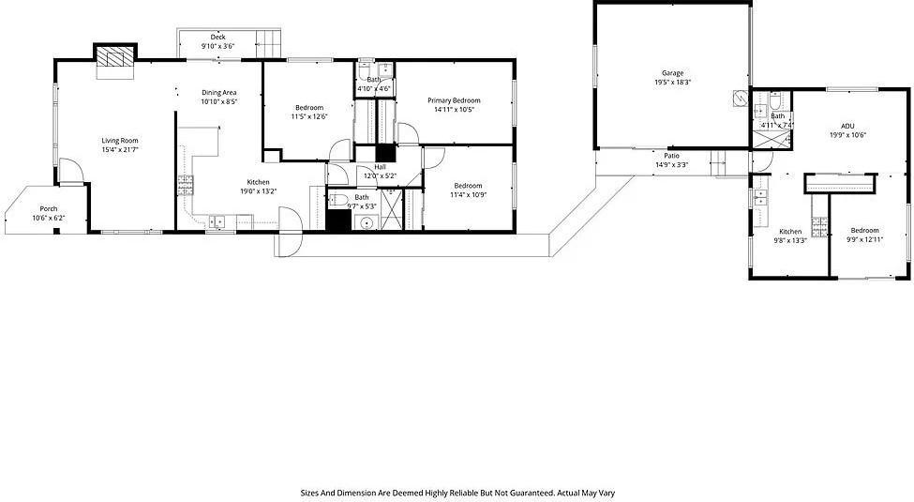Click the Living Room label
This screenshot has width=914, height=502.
tap(120, 141)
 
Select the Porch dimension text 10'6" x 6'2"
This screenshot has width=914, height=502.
tap(48, 218)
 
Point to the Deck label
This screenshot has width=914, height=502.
tap(217, 37)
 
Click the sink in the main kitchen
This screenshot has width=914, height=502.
tap(217, 222)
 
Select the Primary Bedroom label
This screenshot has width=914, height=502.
tap(454, 100)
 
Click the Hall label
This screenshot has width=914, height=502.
tap(380, 167)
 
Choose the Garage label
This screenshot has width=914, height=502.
tap(672, 73)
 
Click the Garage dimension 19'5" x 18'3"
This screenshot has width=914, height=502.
tap(672, 83)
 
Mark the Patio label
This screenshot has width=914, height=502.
tap(671, 156)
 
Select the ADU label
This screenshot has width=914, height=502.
tap(847, 126)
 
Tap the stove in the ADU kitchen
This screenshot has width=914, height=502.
tap(817, 225)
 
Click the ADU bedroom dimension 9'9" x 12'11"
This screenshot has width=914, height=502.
tap(864, 239)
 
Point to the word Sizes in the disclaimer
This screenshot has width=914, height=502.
tap(309, 492)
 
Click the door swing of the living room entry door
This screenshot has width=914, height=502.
tap(69, 173)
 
